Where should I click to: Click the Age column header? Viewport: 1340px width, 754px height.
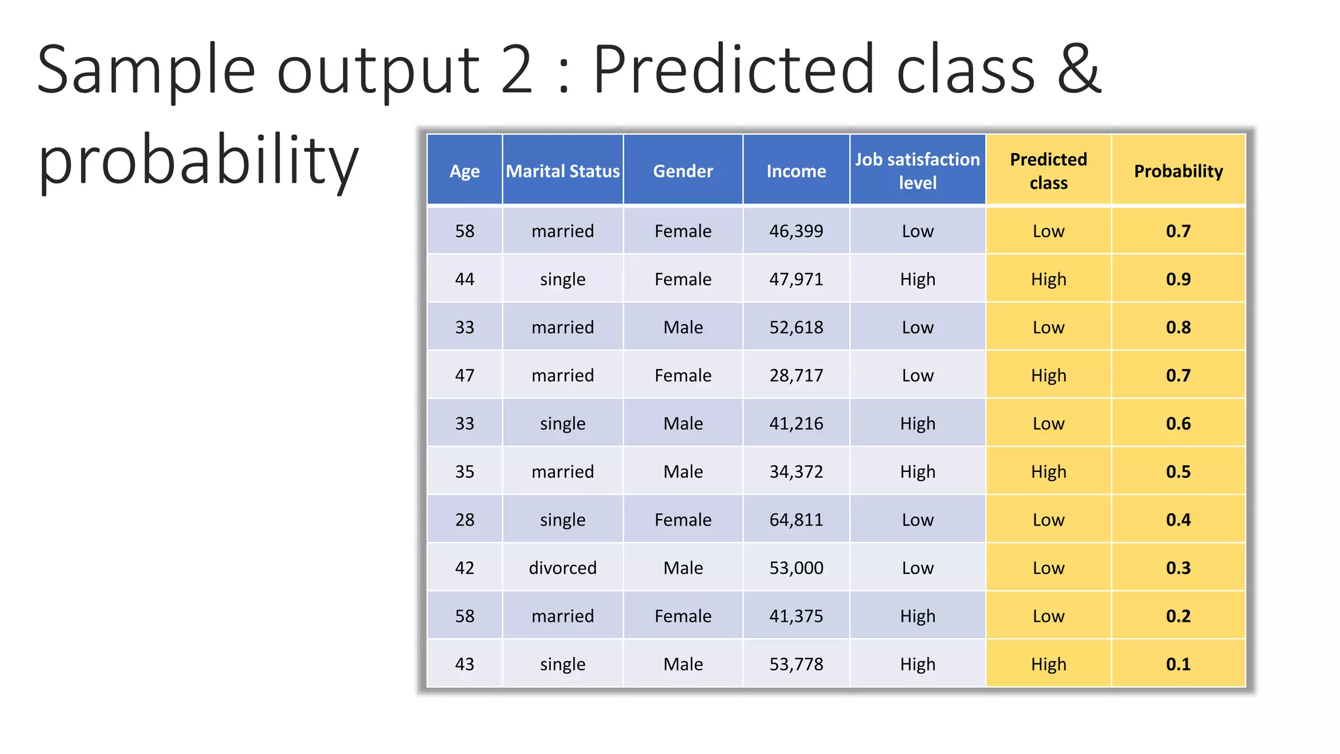click(465, 171)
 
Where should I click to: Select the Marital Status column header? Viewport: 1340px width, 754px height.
click(563, 171)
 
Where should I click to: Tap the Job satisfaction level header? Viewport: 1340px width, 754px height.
click(917, 171)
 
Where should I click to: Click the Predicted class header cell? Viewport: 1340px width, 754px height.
click(1048, 171)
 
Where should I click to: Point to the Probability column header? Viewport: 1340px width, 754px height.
click(1178, 171)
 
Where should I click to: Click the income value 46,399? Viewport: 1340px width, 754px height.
click(796, 231)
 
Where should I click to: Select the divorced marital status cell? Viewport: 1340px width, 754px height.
click(563, 567)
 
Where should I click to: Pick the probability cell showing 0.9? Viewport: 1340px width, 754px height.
click(1178, 279)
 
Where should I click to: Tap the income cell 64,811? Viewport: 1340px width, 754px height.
click(796, 520)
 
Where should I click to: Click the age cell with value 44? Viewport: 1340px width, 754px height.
click(465, 279)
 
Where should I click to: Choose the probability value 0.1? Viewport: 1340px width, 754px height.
click(1178, 664)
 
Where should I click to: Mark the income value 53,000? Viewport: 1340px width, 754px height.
click(796, 567)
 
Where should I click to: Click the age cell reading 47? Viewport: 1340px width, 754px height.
click(465, 376)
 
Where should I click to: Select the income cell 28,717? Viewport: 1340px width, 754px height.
click(796, 376)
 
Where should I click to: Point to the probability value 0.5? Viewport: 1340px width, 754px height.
click(1178, 472)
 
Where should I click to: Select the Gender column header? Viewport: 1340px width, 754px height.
click(682, 171)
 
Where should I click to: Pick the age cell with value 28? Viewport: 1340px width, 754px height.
click(465, 520)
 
